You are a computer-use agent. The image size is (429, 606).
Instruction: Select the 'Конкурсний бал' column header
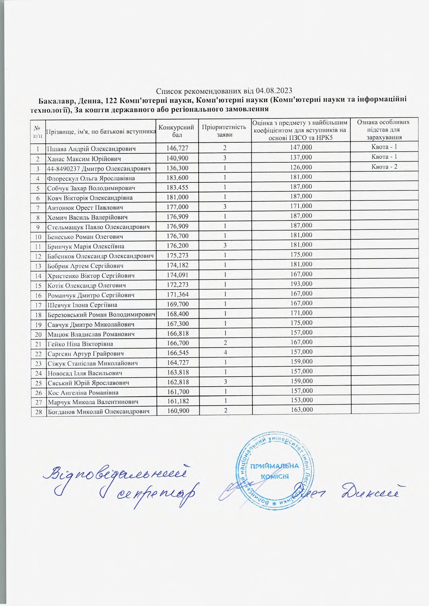pyautogui.click(x=176, y=131)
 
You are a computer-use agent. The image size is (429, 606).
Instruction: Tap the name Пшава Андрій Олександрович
pyautogui.click(x=91, y=149)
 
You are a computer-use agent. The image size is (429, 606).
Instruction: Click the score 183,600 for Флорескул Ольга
pyautogui.click(x=177, y=177)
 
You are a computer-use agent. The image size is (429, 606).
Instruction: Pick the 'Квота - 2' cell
pyautogui.click(x=384, y=167)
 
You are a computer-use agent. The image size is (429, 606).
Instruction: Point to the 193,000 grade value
pyautogui.click(x=302, y=284)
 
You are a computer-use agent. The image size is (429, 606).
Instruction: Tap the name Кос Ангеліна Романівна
pyautogui.click(x=83, y=392)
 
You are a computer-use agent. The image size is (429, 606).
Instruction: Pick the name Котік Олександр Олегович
pyautogui.click(x=86, y=285)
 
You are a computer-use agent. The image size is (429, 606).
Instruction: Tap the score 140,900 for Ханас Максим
pyautogui.click(x=177, y=158)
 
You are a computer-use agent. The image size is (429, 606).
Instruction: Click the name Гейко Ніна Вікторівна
pyautogui.click(x=80, y=344)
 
